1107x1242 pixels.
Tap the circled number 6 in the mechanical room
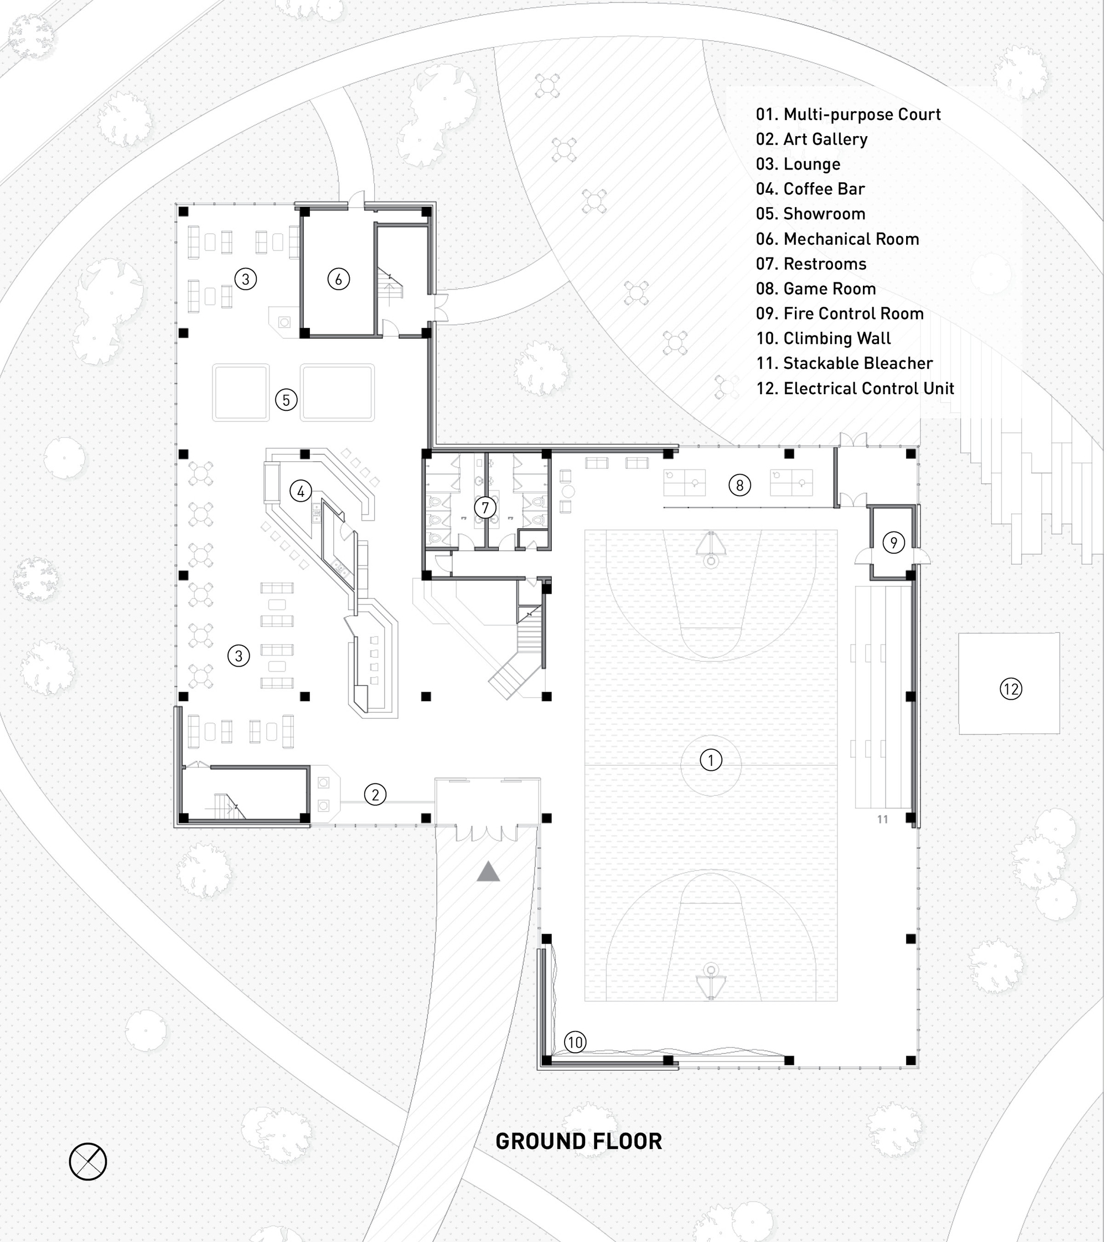click(339, 280)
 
